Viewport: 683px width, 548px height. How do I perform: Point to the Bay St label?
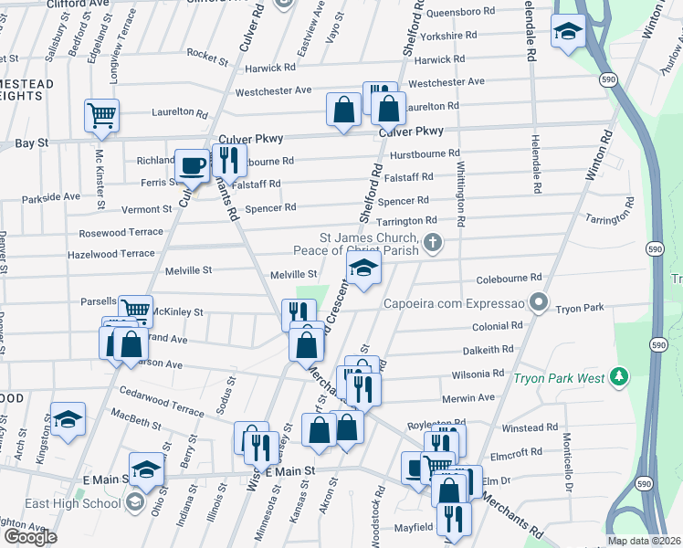[31, 144]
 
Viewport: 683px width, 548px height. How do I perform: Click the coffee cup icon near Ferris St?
[192, 165]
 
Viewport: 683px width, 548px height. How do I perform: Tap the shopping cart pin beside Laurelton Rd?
[102, 116]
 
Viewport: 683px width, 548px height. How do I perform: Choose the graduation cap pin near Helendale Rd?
[568, 33]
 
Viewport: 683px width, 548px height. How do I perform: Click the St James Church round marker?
[434, 243]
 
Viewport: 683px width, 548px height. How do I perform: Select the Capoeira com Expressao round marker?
[540, 300]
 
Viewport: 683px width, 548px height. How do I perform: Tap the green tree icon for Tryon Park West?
[619, 376]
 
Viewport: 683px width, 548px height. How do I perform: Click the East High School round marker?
[135, 503]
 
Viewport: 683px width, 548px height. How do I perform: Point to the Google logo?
[30, 536]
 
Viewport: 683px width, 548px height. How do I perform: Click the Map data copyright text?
[645, 541]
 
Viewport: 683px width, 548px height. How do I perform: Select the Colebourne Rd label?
[509, 277]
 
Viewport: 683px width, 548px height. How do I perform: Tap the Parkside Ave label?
[51, 197]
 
